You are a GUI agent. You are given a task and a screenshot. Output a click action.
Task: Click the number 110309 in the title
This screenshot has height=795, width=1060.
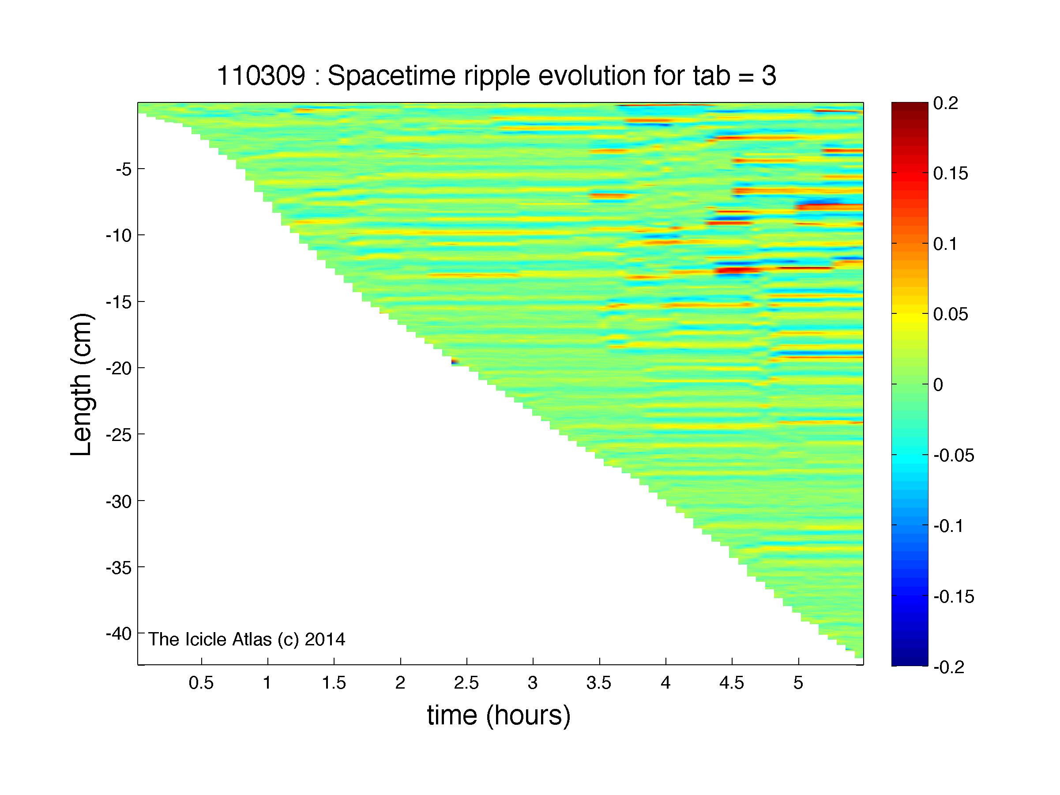point(261,76)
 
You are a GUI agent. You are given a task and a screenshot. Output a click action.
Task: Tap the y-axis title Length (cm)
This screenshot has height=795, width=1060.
point(82,384)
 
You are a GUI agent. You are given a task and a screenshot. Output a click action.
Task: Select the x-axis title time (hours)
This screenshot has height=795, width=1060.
point(499,716)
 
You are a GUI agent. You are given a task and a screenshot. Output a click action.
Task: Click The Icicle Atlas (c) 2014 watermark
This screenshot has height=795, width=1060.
point(246,639)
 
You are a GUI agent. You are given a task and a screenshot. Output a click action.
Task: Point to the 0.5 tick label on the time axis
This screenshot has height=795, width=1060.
point(201,683)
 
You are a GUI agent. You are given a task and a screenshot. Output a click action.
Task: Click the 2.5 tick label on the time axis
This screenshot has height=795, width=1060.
point(466,683)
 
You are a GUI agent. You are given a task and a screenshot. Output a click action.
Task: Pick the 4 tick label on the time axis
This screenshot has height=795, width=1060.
point(665,683)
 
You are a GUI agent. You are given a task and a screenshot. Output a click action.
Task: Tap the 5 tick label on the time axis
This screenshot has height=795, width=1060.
point(798,683)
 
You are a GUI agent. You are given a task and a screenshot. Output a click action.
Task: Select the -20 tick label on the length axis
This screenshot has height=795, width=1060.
point(118,369)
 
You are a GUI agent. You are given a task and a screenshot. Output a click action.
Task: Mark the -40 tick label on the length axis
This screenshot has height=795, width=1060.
point(118,634)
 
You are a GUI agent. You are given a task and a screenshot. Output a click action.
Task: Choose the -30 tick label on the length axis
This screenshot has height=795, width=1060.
point(118,502)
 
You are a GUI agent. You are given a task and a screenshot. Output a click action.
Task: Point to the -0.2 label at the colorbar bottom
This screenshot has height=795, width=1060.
point(949,667)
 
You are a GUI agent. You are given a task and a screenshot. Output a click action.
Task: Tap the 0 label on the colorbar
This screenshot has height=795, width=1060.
point(938,385)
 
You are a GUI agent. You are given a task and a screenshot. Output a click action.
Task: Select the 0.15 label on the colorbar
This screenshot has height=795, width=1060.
point(951,174)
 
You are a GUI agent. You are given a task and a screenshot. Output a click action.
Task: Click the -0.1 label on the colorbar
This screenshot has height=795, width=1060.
point(949,526)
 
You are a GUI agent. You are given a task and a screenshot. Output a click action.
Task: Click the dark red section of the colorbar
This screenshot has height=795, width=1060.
point(910,115)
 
